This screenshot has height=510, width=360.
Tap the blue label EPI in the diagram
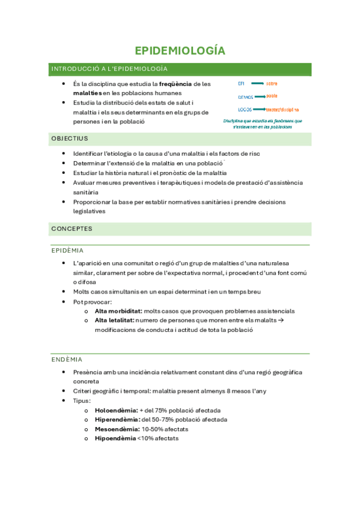pyautogui.click(x=241, y=83)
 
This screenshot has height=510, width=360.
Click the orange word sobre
pyautogui.click(x=272, y=83)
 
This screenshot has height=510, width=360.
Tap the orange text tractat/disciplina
pyautogui.click(x=282, y=109)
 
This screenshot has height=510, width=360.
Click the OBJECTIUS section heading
pyautogui.click(x=70, y=139)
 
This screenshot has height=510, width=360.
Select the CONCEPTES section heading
pyautogui.click(x=72, y=229)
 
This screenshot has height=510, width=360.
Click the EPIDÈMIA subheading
pyautogui.click(x=67, y=250)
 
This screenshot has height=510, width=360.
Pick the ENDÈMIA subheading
pyautogui.click(x=67, y=360)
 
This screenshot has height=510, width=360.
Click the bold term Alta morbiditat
pyautogui.click(x=118, y=312)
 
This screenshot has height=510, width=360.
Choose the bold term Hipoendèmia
pyautogui.click(x=115, y=438)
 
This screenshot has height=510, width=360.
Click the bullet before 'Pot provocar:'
pyautogui.click(x=64, y=302)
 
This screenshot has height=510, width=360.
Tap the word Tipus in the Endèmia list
pyautogui.click(x=81, y=401)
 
